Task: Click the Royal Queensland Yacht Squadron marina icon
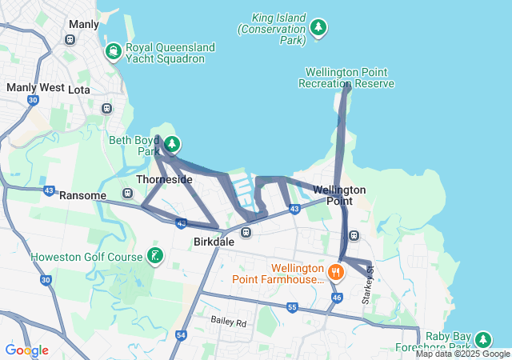point(114,54)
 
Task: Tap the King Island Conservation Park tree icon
point(318,29)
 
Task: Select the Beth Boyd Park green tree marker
point(172,145)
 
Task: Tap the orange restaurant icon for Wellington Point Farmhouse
point(335,273)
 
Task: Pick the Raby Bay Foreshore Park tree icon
point(483,339)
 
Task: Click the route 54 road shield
point(181,335)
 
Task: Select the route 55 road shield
point(292,307)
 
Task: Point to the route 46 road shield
point(337,297)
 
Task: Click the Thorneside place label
point(164,180)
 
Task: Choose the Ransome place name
point(82,195)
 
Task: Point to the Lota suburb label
point(80,90)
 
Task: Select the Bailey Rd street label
point(230,321)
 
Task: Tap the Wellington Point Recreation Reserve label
point(346,78)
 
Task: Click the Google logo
point(26,350)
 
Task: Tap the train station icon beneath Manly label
point(70,39)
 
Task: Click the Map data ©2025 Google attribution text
point(462,354)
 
